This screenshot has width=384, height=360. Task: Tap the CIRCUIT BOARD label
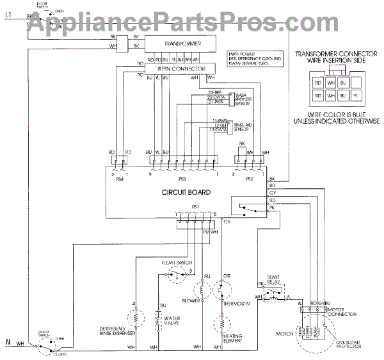pos(185,192)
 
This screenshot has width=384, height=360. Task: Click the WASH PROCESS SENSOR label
pos(246,99)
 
